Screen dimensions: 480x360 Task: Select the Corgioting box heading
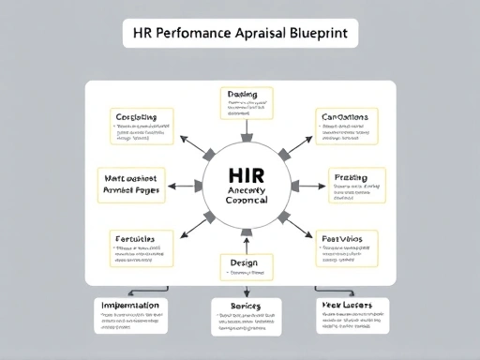pos(143,117)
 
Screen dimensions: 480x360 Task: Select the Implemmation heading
pos(130,306)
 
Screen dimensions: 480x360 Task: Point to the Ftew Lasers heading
pos(348,306)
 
